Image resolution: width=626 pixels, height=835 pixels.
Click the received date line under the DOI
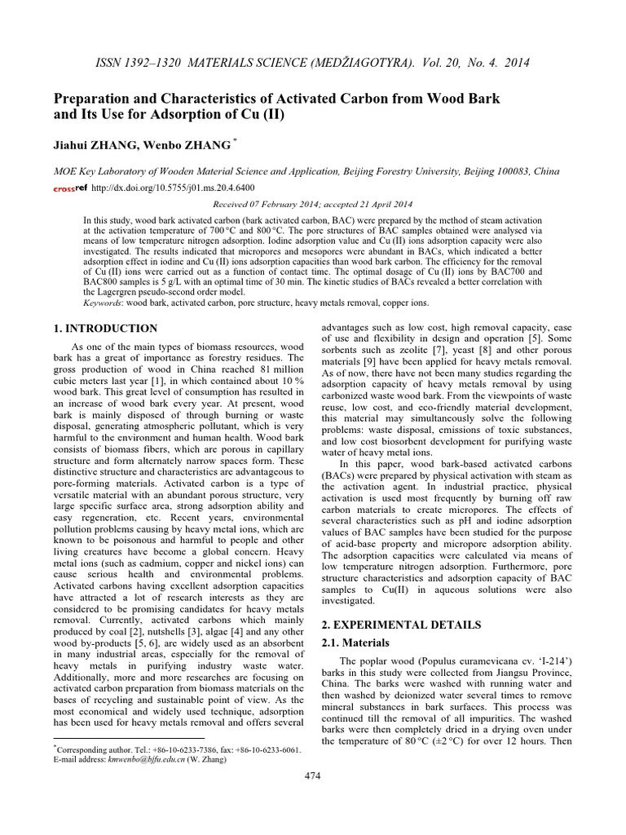point(312,205)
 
